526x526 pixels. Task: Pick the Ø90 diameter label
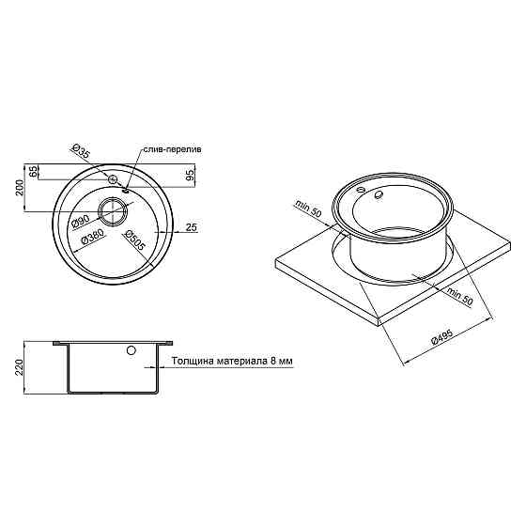[80, 222]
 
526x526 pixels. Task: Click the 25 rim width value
[191, 226]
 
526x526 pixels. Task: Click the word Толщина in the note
[193, 362]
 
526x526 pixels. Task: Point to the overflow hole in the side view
[131, 351]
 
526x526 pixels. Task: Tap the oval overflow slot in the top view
[126, 188]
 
